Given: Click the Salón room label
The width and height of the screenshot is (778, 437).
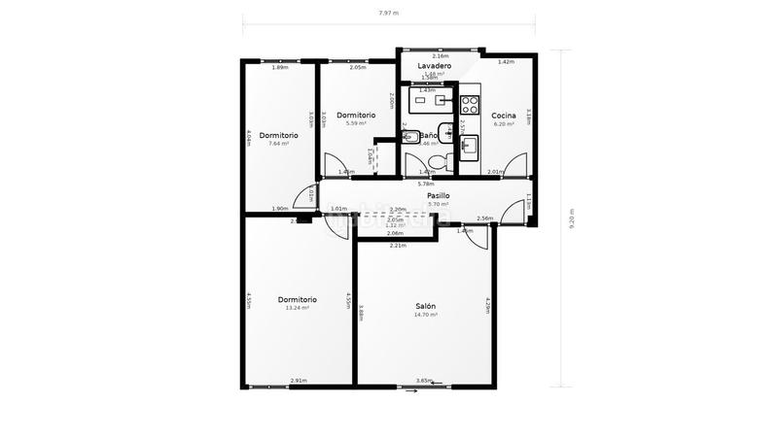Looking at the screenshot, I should (x=425, y=306).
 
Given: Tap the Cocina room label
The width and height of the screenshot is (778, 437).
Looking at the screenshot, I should (x=503, y=116).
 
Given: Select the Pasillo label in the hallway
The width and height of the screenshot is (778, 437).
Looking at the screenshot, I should (x=438, y=195).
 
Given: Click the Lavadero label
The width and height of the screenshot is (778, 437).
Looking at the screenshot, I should (x=434, y=66).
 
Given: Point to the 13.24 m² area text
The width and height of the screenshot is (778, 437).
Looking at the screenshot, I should (x=297, y=308).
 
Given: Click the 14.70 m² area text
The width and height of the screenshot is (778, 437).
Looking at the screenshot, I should (x=425, y=315).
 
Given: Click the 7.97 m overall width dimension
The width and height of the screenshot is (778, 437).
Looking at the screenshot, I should (x=388, y=14).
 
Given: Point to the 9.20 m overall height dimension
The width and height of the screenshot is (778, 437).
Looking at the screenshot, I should (x=572, y=218).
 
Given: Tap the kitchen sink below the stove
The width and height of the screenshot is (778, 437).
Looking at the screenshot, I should (x=469, y=146).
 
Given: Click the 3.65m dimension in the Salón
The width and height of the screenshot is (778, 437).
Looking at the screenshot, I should (x=424, y=381).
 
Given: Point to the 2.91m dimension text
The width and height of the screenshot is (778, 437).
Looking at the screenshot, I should (x=299, y=381).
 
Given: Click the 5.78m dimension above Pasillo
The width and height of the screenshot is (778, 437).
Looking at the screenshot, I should (x=425, y=184).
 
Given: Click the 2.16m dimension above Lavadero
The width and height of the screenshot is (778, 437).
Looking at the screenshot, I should (x=440, y=56).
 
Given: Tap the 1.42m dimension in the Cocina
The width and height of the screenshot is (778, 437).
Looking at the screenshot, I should (x=506, y=62).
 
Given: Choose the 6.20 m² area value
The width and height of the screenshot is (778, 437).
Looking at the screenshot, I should (x=503, y=124).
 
